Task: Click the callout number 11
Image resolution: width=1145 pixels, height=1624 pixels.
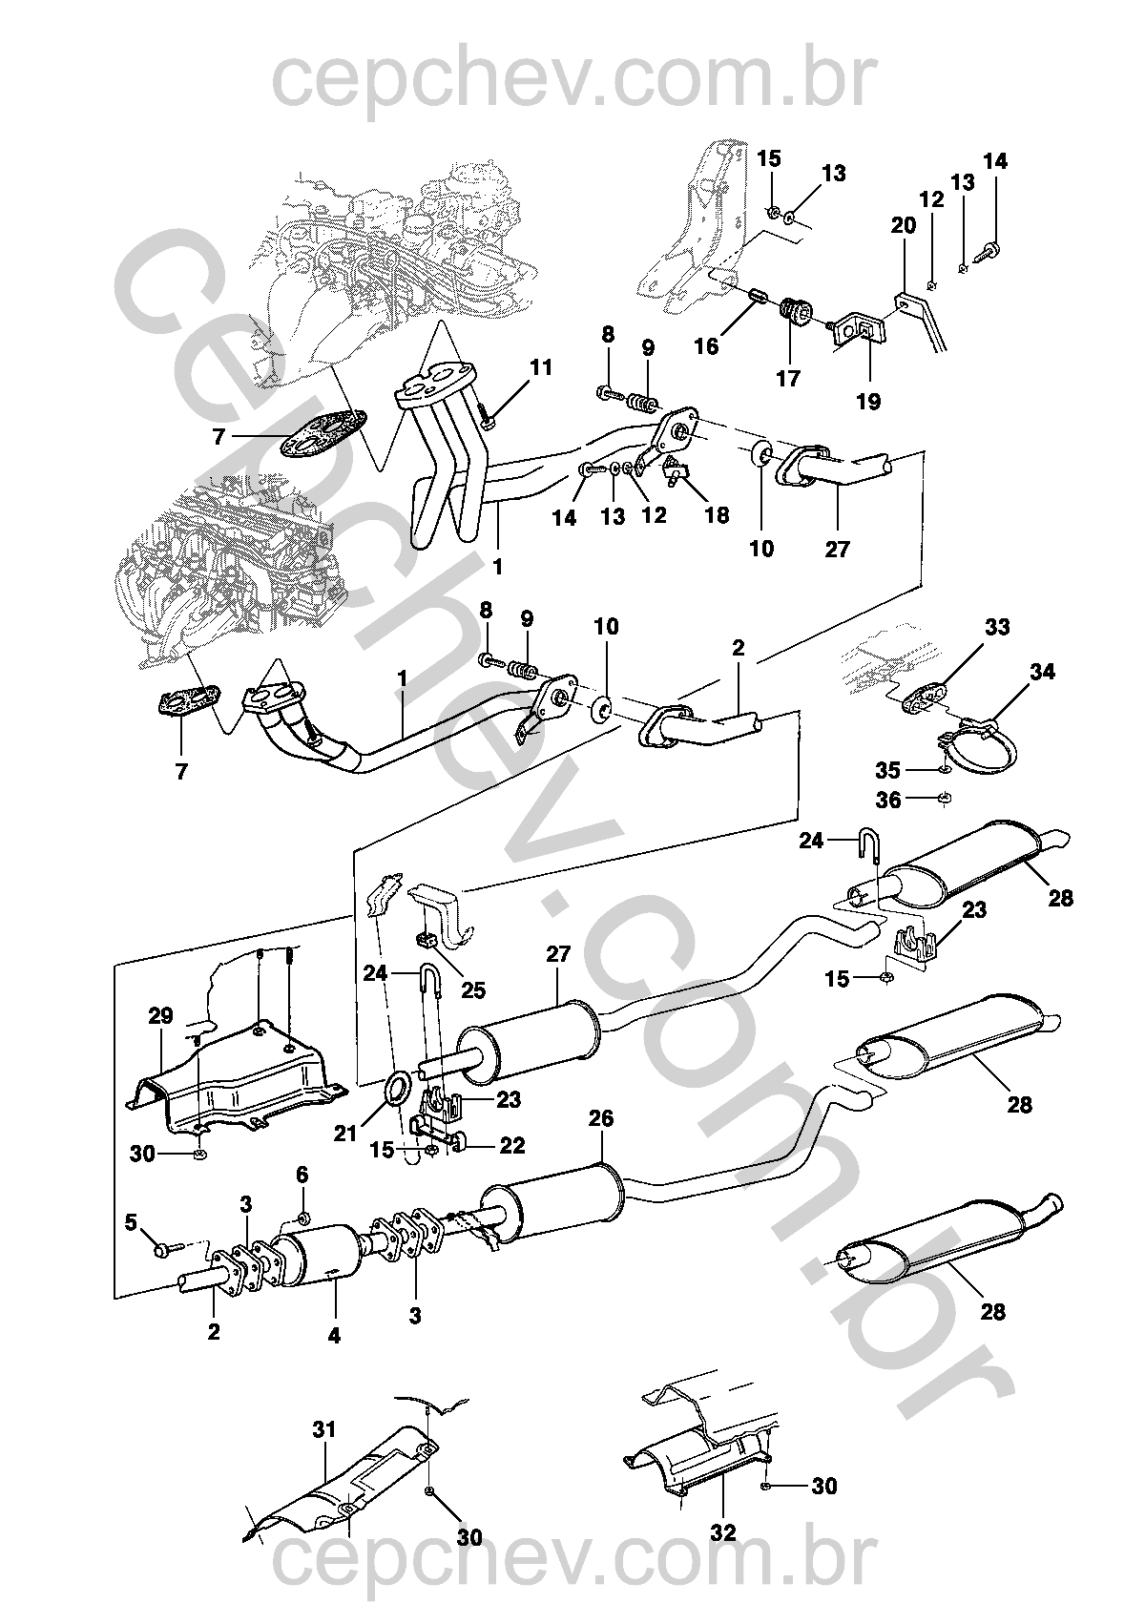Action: (x=541, y=367)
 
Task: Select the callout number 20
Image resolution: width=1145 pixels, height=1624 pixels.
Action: (x=903, y=226)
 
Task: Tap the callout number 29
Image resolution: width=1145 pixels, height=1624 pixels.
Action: (x=161, y=1016)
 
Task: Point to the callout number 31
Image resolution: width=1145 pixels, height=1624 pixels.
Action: (x=325, y=1430)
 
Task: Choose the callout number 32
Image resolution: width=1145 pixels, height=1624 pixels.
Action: (x=724, y=1533)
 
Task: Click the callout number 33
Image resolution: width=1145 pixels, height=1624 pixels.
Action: (x=998, y=627)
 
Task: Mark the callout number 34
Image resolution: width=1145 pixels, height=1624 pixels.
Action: (x=1043, y=672)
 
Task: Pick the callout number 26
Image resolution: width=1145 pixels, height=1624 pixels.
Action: (x=602, y=1117)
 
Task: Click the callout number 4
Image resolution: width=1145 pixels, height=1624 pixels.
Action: (x=334, y=1337)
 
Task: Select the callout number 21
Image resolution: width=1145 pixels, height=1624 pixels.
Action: (x=344, y=1133)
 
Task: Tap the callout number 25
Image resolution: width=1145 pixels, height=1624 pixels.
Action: (x=473, y=989)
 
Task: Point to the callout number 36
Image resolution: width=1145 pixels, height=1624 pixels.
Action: (x=888, y=800)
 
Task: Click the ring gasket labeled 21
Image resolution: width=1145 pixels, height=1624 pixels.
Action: (x=398, y=1087)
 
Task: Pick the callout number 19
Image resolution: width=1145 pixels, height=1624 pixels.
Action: (x=869, y=402)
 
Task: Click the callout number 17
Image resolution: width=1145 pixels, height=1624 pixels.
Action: (x=788, y=379)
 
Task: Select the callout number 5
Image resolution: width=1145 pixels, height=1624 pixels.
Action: (x=132, y=1220)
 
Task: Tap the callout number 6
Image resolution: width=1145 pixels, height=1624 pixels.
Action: (x=302, y=1175)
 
